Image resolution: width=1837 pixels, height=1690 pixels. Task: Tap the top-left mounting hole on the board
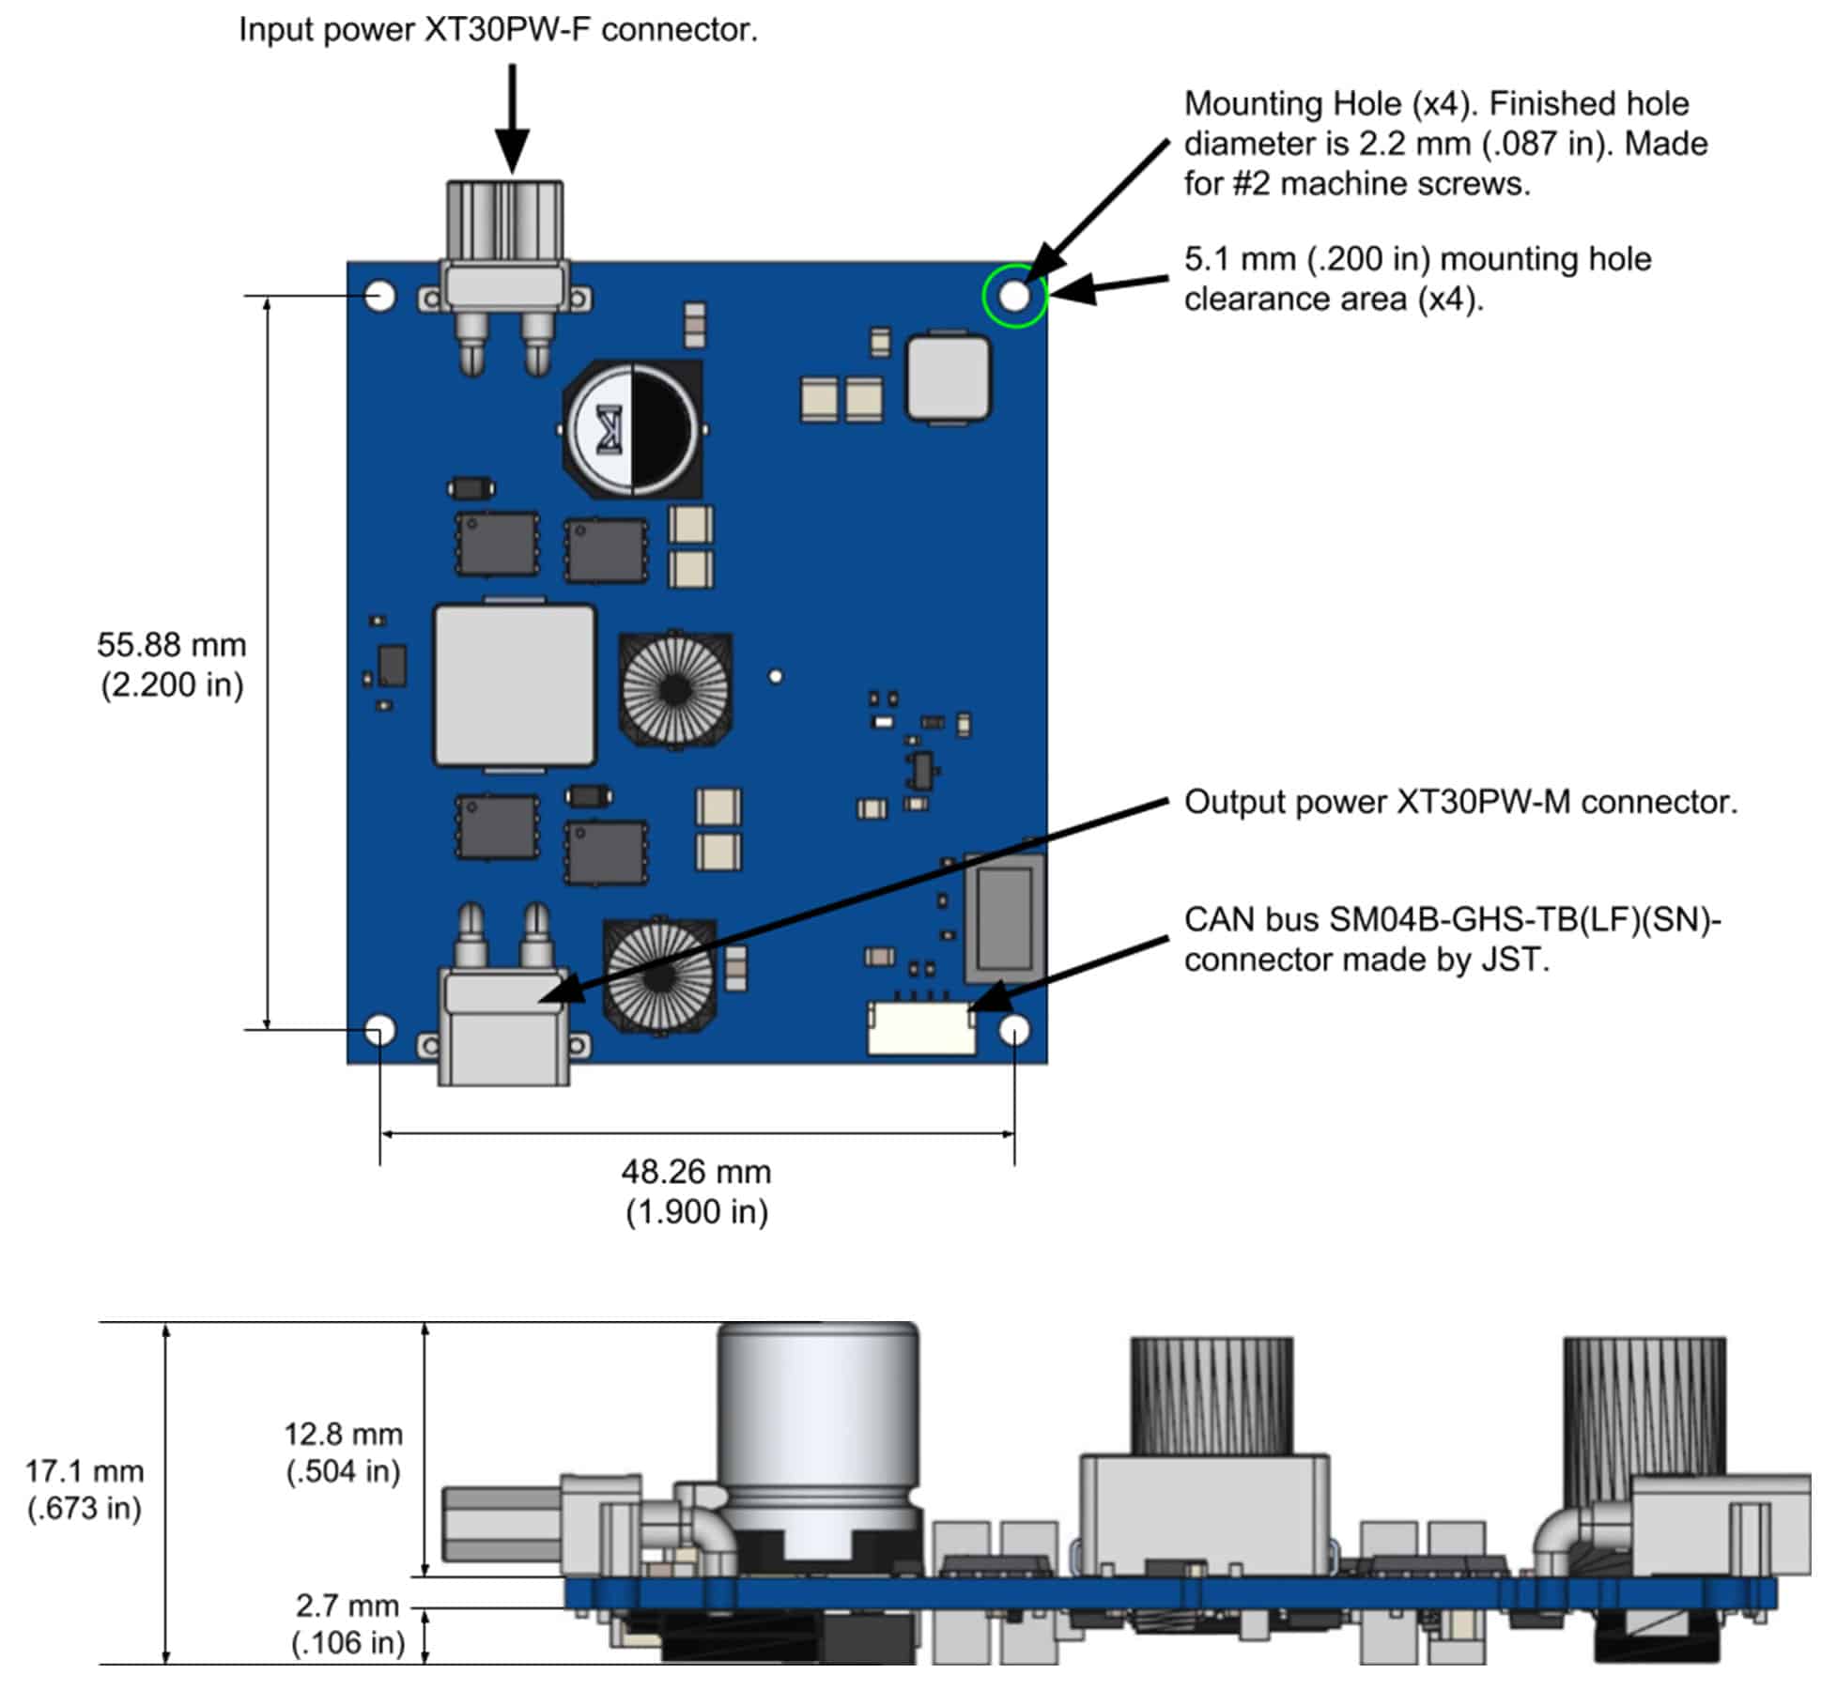[x=380, y=296]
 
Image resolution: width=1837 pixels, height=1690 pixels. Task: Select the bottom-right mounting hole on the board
[x=1014, y=1031]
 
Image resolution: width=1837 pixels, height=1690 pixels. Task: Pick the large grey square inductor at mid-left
[x=515, y=686]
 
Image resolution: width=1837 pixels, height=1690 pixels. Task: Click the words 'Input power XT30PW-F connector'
[x=498, y=30]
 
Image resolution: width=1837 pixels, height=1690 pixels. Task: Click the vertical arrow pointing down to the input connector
[x=512, y=117]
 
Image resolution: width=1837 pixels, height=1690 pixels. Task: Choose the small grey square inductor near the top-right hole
[x=948, y=377]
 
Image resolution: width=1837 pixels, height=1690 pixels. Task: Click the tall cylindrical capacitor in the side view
[x=818, y=1427]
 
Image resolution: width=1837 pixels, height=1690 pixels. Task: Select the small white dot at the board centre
[x=776, y=676]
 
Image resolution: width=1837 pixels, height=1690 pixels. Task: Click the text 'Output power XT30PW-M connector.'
[x=1460, y=802]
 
